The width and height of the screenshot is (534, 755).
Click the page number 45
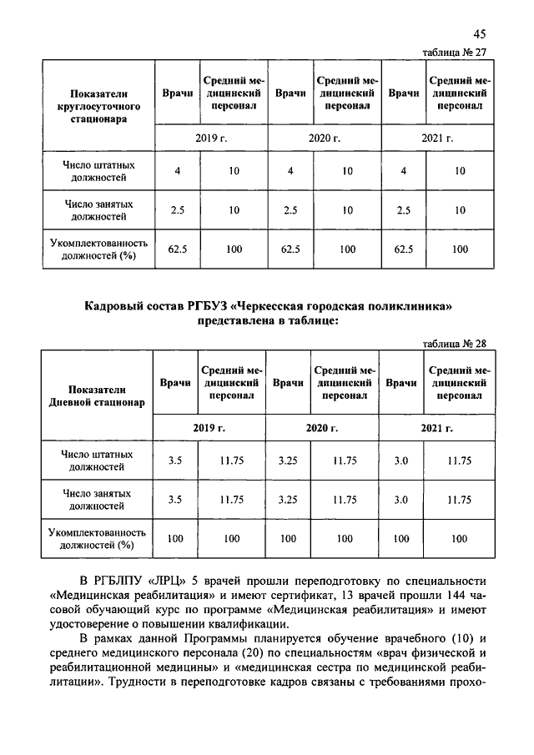478,34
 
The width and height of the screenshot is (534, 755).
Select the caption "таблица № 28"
455,343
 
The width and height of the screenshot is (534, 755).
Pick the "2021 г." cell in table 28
436,427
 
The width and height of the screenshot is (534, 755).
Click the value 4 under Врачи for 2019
177,171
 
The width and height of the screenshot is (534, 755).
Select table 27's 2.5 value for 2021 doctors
404,210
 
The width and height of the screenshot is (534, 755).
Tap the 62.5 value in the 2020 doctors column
290,249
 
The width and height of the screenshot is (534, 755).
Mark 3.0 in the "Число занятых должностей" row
401,500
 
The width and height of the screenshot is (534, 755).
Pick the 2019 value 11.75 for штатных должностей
231,461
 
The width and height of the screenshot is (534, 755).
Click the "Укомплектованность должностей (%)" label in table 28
98,539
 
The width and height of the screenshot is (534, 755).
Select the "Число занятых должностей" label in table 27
98,210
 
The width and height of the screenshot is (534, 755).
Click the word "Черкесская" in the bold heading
266,308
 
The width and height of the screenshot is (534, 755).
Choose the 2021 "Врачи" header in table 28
401,382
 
